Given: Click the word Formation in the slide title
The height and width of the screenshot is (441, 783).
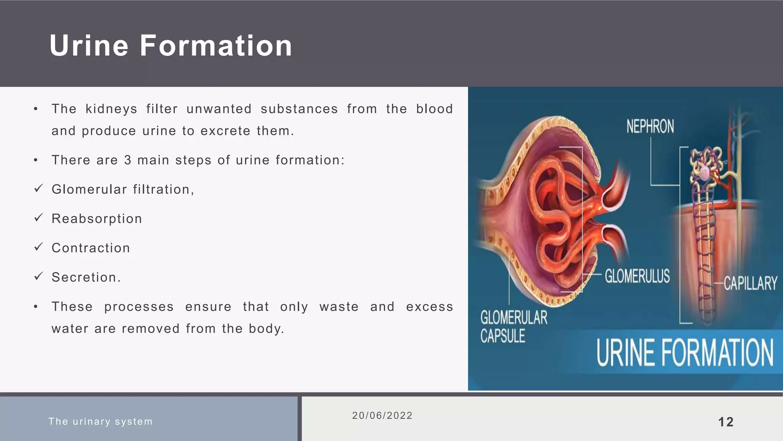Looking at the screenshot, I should pos(216,46).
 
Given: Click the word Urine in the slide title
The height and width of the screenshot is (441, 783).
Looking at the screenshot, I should pos(89,46).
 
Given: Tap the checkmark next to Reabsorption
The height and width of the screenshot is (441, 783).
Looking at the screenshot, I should pos(38,218).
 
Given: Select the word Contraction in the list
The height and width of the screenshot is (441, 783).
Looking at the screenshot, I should pos(91,248).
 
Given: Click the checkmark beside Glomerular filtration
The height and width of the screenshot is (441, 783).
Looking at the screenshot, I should pos(38,188).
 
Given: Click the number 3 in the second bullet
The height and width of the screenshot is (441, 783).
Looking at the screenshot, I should pos(128,160).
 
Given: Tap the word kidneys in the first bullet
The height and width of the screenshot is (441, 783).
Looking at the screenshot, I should pos(111,109).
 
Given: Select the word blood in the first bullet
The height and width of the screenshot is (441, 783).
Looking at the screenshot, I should pos(434,109).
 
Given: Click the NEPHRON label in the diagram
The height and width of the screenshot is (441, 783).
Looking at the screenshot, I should pos(650,127).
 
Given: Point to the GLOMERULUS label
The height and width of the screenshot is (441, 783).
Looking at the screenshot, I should pos(637,276).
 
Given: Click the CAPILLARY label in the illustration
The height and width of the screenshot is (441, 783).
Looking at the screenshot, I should pos(750,284).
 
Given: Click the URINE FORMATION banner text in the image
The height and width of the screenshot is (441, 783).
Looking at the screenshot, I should pos(685,352).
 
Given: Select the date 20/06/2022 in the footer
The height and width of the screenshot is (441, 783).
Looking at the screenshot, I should pos(382,416).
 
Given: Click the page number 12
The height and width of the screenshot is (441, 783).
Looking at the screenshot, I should pos(726,422).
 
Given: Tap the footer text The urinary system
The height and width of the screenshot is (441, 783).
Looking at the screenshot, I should pos(101,421).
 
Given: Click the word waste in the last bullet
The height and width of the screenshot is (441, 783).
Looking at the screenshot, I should pos(339,307).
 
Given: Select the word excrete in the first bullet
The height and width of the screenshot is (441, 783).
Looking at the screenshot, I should pos(226,131).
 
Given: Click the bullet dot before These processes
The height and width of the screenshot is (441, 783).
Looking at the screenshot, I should pos(36,307).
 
